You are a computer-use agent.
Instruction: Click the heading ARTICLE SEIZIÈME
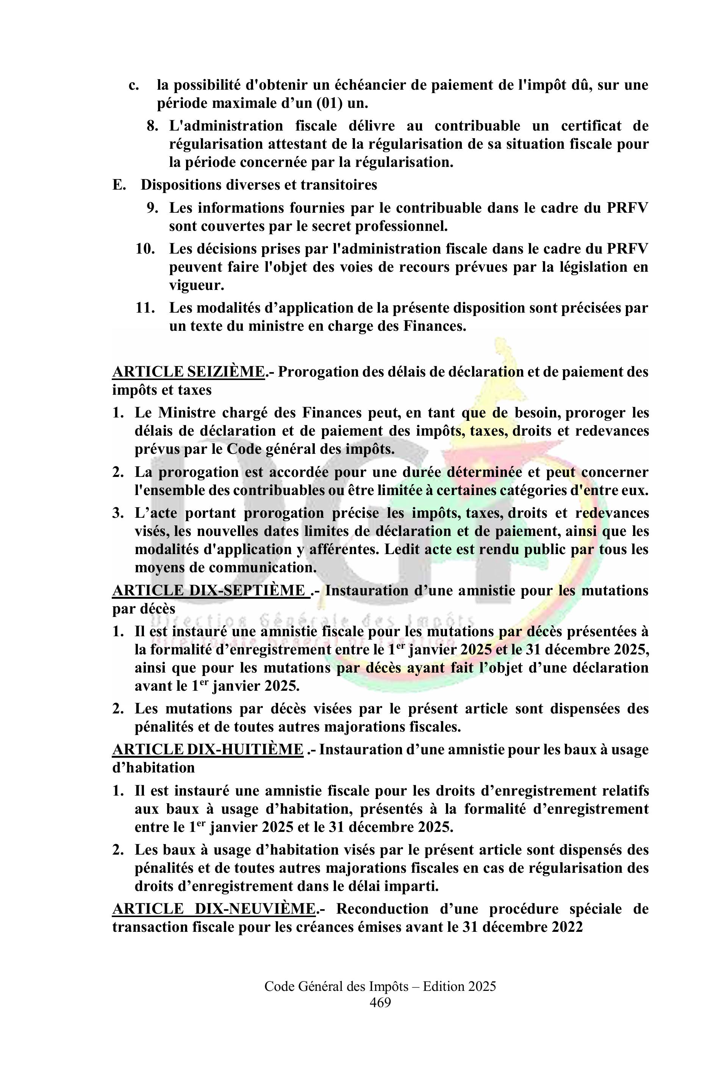pos(188,372)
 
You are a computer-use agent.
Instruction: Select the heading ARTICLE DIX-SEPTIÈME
pos(209,590)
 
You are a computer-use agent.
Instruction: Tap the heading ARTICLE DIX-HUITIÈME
pos(208,749)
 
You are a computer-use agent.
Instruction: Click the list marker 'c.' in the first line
pos(133,85)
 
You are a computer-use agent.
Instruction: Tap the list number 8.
pos(152,126)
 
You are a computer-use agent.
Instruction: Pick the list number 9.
pos(152,208)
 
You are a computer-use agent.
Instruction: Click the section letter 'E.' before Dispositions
pos(119,185)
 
